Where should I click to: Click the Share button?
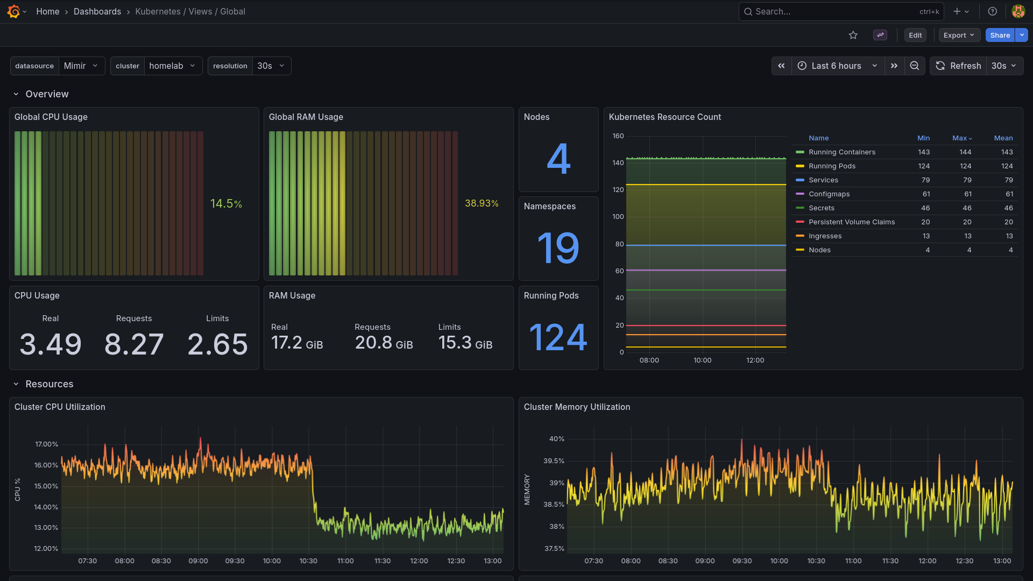tap(1000, 36)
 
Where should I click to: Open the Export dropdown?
tap(959, 36)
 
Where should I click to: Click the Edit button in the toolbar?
tap(915, 36)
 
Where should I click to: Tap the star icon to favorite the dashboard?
tap(853, 36)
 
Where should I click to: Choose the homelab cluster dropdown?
tap(173, 66)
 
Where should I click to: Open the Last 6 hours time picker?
tap(837, 66)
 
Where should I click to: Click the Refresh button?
tap(959, 66)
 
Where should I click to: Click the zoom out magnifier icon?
tap(915, 66)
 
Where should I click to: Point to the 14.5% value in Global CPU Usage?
tap(226, 204)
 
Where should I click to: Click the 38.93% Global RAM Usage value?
tap(482, 203)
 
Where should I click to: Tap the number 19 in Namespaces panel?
tap(558, 248)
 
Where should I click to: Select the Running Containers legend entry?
tap(841, 152)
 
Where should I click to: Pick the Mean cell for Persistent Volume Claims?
tap(1008, 222)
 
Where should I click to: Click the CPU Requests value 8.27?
tap(134, 344)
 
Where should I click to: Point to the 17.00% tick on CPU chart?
tap(46, 444)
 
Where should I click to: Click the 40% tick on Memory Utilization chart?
tap(556, 439)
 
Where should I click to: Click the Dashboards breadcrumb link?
tap(97, 12)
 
